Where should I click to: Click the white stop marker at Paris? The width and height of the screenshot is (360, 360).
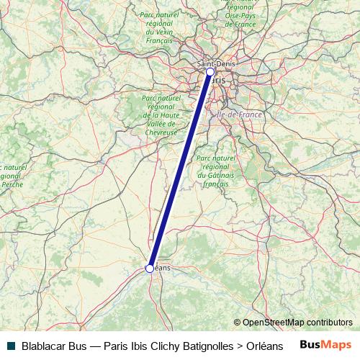tap(210, 72)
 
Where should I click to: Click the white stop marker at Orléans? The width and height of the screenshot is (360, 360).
tap(150, 269)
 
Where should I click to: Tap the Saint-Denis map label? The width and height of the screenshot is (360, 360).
tap(215, 63)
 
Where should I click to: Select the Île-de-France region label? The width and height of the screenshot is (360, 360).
tap(235, 114)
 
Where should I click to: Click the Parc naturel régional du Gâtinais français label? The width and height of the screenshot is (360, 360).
tap(216, 171)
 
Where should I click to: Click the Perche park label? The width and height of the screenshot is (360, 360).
tap(10, 176)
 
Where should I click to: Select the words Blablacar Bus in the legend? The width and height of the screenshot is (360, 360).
tap(54, 346)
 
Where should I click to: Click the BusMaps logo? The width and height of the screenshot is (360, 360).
tap(326, 345)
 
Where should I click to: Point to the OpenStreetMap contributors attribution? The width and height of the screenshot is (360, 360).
tap(292, 323)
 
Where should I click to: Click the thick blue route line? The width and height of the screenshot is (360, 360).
tap(180, 170)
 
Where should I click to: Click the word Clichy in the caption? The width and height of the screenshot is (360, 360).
tap(159, 346)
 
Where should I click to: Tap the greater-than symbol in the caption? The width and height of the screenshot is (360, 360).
tap(239, 346)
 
